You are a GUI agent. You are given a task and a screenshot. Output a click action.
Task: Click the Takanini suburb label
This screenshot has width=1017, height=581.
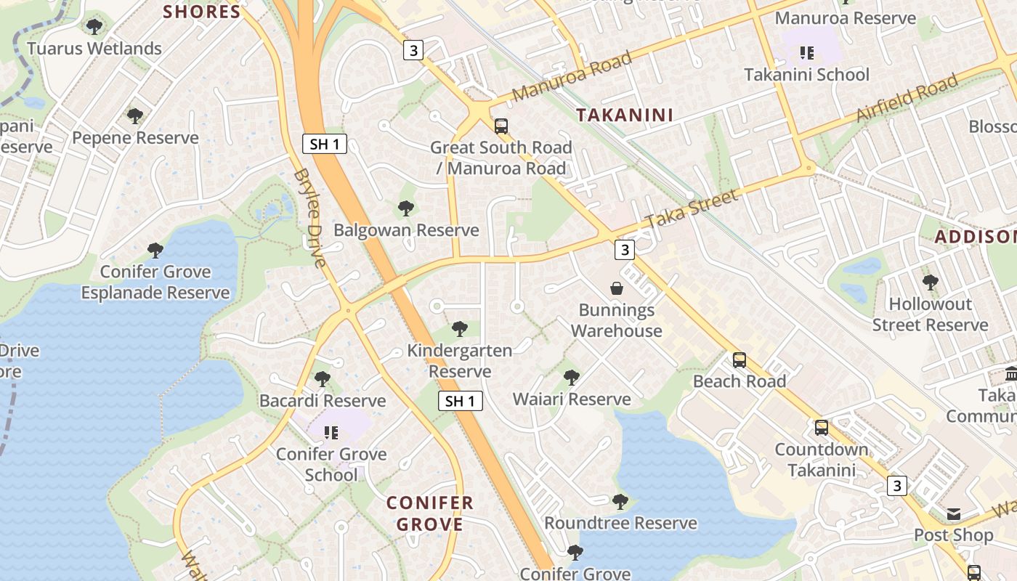pyautogui.click(x=625, y=115)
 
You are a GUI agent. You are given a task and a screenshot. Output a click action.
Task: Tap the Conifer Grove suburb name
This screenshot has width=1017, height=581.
pyautogui.click(x=429, y=513)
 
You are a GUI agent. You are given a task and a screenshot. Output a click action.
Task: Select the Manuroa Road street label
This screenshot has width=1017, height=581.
pyautogui.click(x=572, y=77)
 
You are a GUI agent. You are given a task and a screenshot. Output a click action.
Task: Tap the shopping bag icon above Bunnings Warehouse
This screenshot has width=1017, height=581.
pyautogui.click(x=616, y=288)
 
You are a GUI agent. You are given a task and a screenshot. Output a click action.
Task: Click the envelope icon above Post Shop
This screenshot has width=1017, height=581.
pyautogui.click(x=953, y=514)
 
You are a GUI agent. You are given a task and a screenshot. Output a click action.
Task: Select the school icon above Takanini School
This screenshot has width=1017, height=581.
pyautogui.click(x=806, y=52)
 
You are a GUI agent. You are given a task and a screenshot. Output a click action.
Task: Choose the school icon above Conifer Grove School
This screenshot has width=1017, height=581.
pyautogui.click(x=331, y=433)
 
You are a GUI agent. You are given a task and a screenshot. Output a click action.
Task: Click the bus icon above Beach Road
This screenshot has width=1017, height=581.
pyautogui.click(x=739, y=359)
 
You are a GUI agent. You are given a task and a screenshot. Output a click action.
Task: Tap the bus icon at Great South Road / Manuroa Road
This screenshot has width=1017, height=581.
pyautogui.click(x=501, y=126)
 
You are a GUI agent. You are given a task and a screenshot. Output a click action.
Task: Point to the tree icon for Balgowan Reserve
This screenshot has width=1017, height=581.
pyautogui.click(x=406, y=208)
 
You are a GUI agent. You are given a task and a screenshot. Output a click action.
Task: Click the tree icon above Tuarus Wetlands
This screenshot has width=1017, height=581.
pyautogui.click(x=94, y=27)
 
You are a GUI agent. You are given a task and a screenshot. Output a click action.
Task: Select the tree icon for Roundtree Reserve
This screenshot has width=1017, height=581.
pyautogui.click(x=620, y=501)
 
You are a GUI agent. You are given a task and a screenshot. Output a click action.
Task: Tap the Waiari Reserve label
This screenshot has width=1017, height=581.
pyautogui.click(x=572, y=399)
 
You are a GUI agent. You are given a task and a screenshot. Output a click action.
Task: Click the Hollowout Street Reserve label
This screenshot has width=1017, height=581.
pyautogui.click(x=930, y=314)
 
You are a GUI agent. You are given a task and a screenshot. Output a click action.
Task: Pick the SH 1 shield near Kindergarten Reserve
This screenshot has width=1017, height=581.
pyautogui.click(x=460, y=400)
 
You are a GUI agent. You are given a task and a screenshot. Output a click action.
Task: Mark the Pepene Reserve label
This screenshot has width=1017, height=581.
pyautogui.click(x=135, y=138)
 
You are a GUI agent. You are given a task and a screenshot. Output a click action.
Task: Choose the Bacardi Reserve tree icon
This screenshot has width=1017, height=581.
pyautogui.click(x=322, y=378)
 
